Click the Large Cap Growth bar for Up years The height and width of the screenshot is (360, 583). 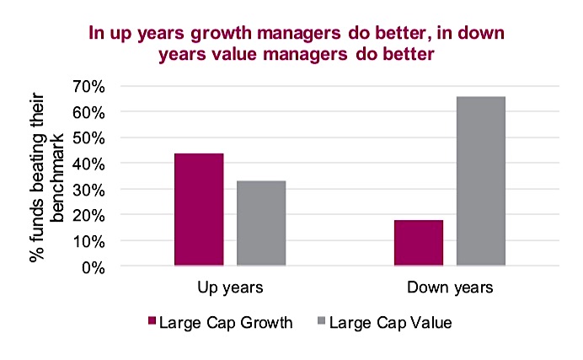tap(199, 210)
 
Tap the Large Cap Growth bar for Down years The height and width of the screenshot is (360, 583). tap(418, 243)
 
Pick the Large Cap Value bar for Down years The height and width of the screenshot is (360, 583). tap(480, 181)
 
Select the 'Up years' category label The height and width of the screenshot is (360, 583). tap(229, 287)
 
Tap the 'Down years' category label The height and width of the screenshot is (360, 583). tap(449, 287)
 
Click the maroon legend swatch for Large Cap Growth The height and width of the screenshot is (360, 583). tap(152, 320)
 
